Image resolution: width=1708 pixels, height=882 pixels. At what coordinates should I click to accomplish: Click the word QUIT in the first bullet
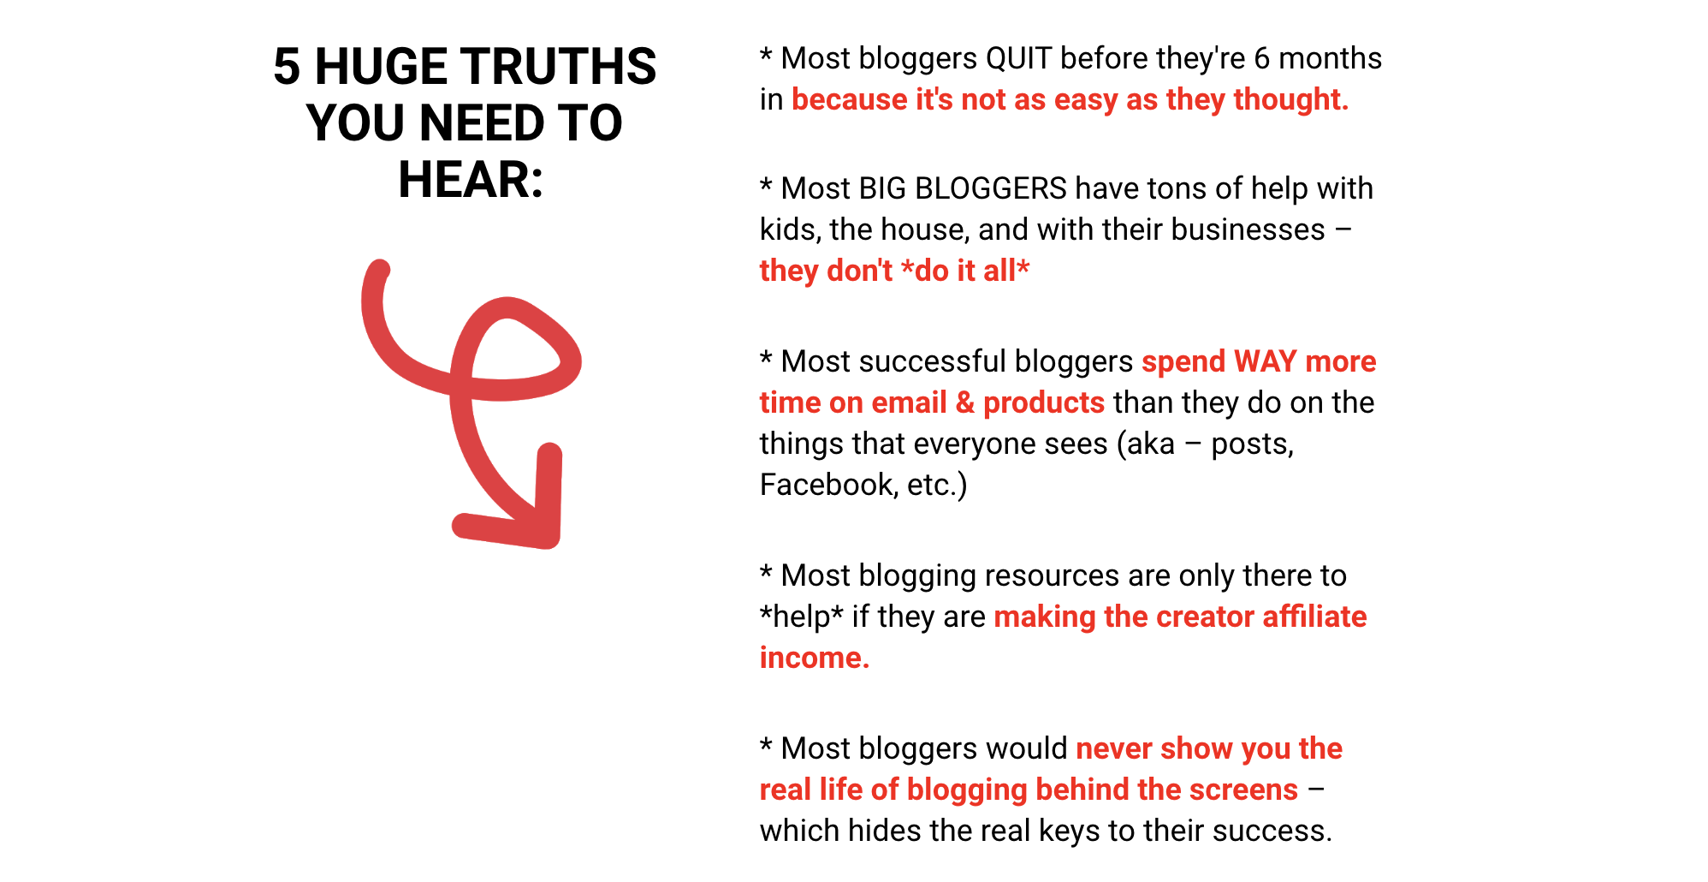click(x=1018, y=58)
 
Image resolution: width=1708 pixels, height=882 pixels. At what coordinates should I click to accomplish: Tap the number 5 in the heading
click(x=287, y=67)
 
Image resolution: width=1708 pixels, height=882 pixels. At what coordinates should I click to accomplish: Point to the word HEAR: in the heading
click(x=471, y=180)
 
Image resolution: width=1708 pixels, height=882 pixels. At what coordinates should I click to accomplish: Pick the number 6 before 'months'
click(x=1261, y=58)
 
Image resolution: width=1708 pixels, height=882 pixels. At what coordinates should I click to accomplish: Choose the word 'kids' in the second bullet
click(x=790, y=229)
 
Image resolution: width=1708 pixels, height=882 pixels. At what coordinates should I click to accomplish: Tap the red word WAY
click(x=1266, y=361)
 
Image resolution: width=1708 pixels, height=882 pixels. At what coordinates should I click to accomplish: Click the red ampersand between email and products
click(x=965, y=402)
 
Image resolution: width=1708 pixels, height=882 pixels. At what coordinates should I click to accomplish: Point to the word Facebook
click(x=826, y=485)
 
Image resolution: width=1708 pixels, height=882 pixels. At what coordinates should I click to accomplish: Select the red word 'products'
click(x=1044, y=403)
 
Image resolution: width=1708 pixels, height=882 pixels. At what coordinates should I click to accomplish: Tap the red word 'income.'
click(x=815, y=658)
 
